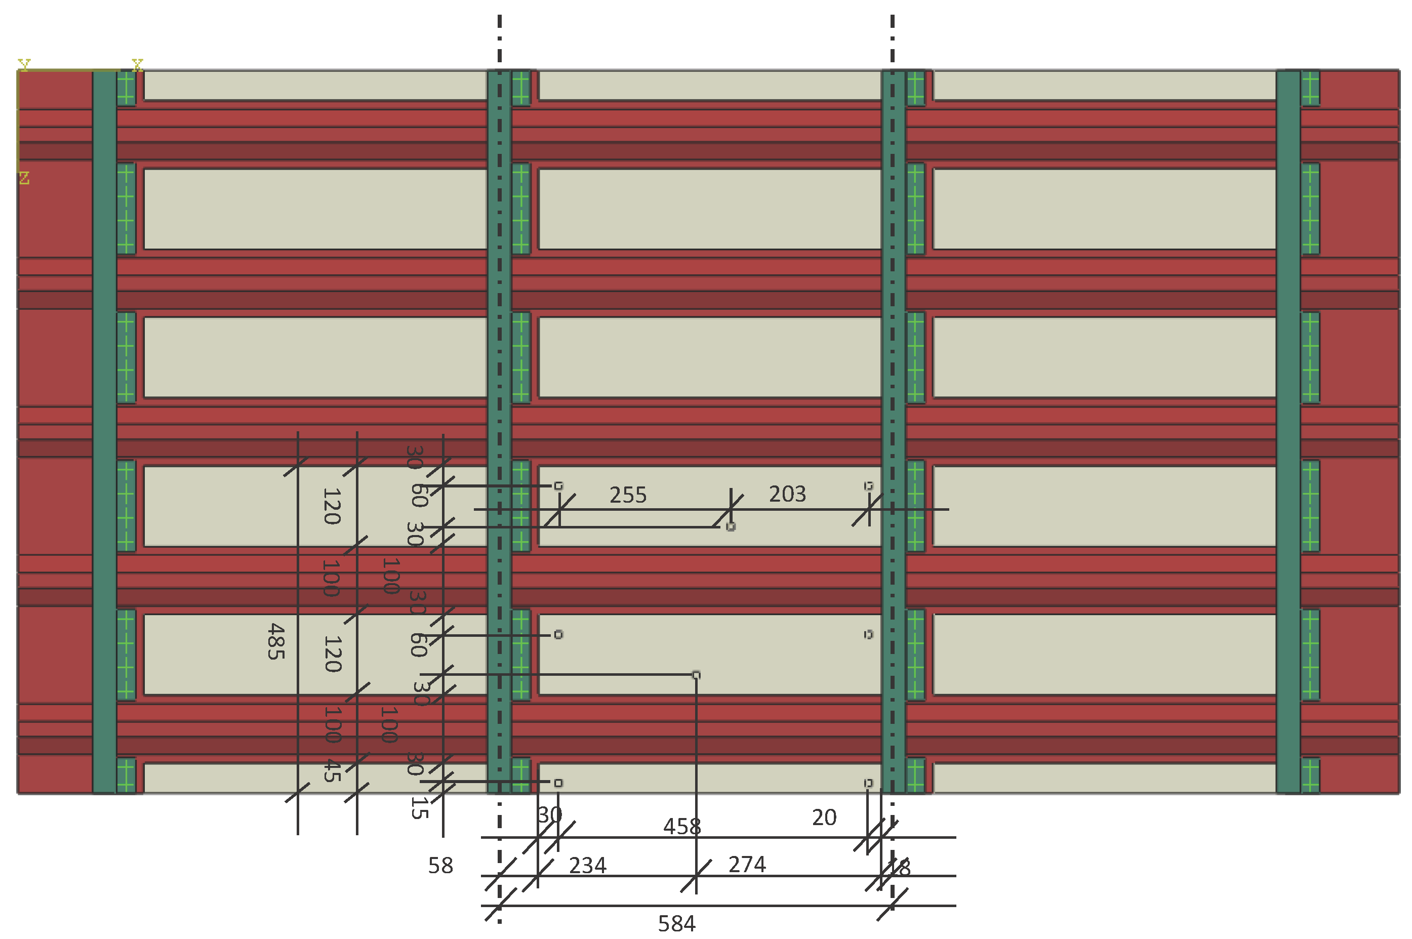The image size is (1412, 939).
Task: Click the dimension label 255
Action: coord(628,495)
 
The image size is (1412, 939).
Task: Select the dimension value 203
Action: coord(787,494)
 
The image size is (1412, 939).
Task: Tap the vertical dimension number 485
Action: coord(275,641)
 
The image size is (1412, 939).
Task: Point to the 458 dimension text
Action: coord(681,827)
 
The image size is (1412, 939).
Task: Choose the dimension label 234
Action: coord(587,865)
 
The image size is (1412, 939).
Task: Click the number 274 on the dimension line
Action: coord(747,865)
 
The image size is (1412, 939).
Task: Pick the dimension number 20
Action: coord(824,818)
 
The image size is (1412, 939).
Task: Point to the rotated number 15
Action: coord(419,808)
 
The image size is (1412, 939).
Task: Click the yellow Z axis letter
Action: coord(24,178)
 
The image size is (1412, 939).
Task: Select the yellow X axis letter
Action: coord(138,65)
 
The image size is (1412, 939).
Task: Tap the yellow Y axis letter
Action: coord(24,64)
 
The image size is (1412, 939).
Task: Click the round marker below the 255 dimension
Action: coord(731,526)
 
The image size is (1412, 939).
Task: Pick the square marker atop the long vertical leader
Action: coord(696,675)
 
